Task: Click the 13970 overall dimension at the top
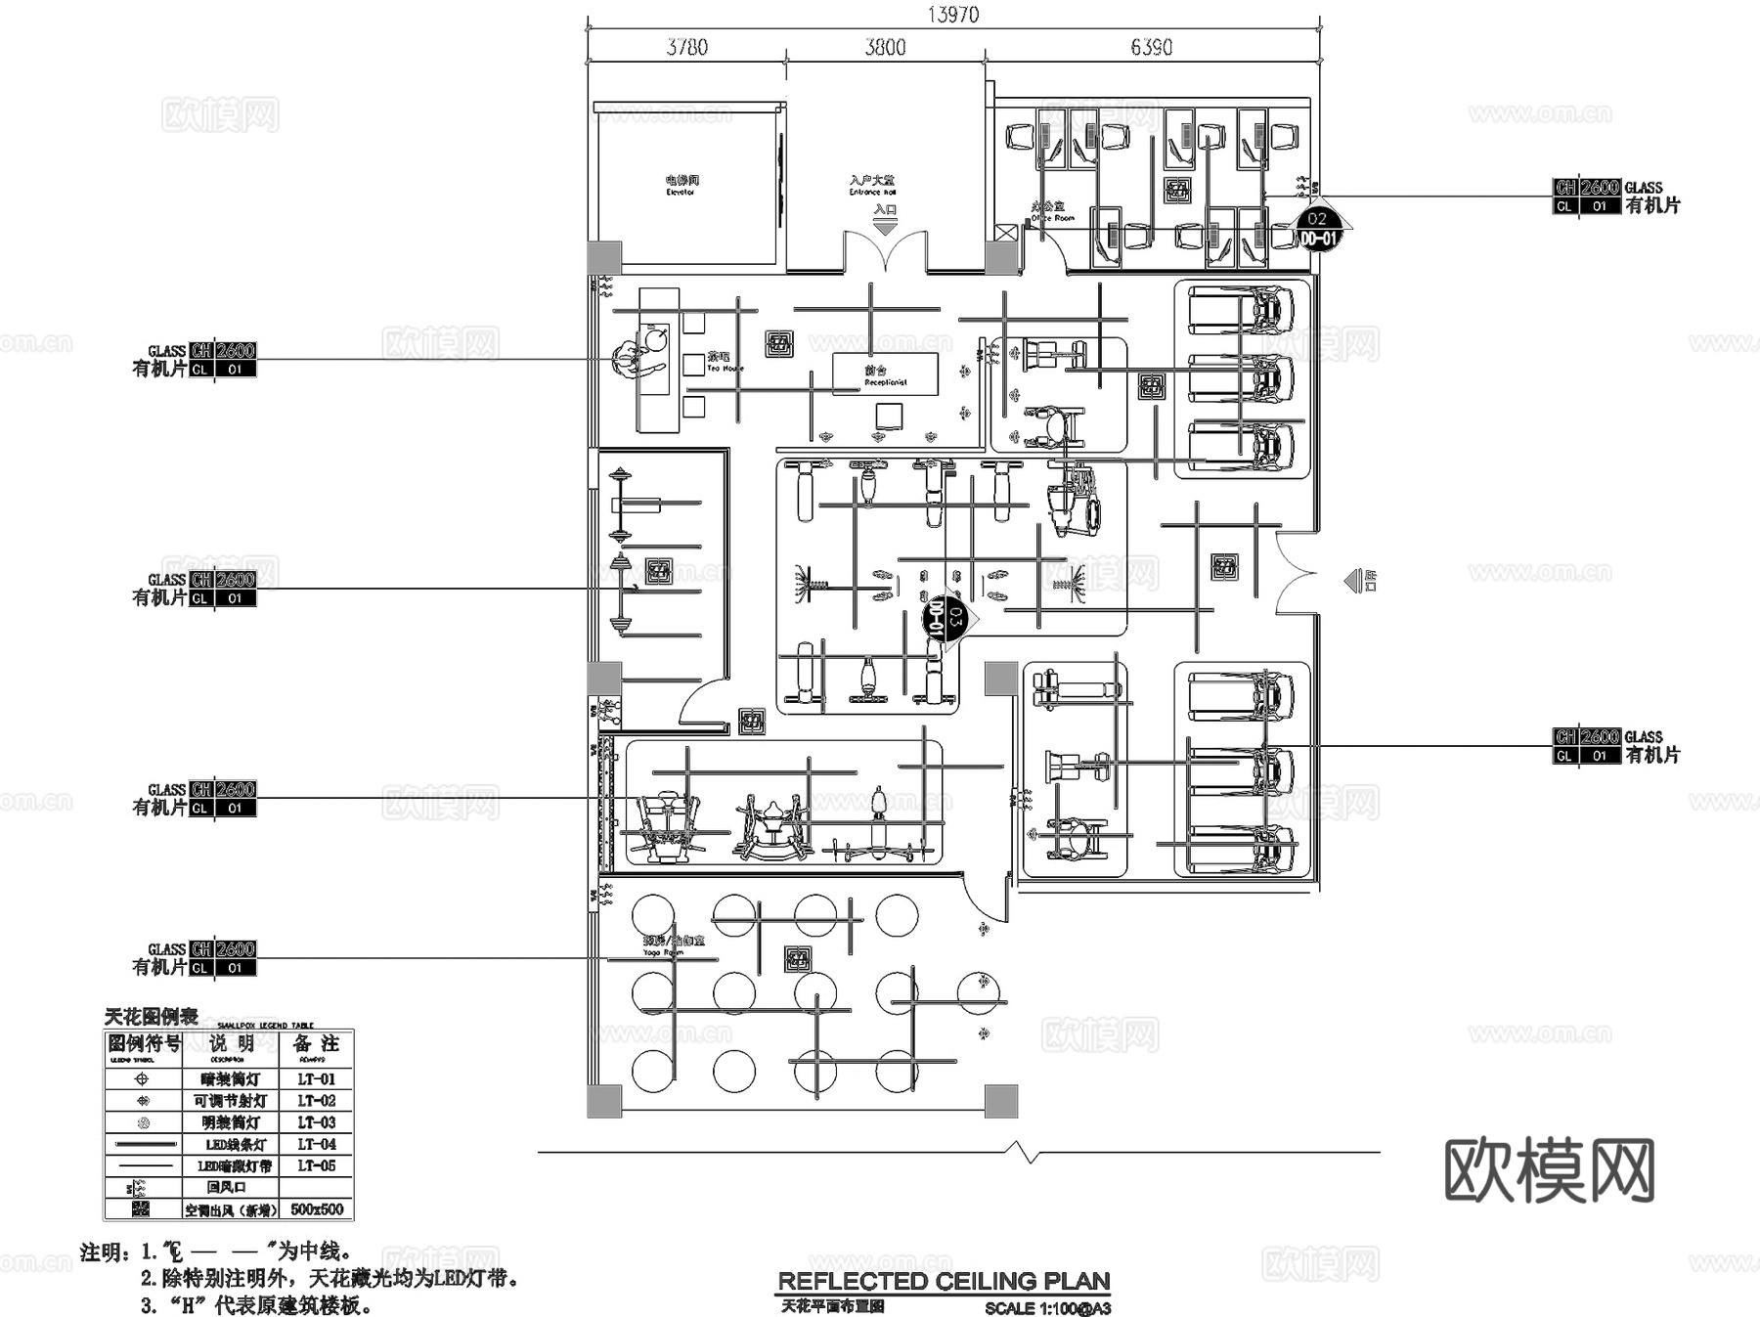pos(952,15)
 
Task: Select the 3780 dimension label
pos(686,47)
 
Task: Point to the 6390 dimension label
pos(1151,47)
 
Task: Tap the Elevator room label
pos(682,185)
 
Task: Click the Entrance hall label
pos(872,185)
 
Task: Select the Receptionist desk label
pos(885,376)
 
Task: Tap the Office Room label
pos(1052,212)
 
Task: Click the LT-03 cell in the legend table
pos(316,1122)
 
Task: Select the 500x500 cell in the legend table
pos(316,1209)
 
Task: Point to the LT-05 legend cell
pos(316,1165)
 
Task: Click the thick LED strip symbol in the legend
pos(144,1144)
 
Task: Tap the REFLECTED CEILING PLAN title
pos(944,1281)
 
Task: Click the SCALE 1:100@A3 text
pos(1047,1308)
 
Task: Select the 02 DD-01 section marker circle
pos(1317,229)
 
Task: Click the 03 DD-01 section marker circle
pos(942,618)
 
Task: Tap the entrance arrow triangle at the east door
pos(1352,581)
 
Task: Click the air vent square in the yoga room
pos(798,959)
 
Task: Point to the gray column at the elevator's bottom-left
pos(604,258)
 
